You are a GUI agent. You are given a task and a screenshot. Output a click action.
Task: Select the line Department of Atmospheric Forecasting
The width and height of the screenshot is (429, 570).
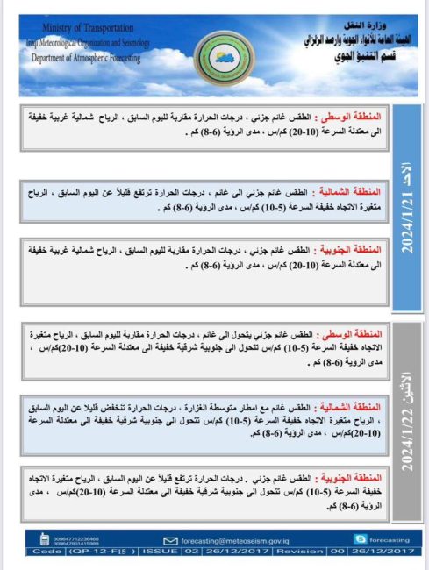coord(85,59)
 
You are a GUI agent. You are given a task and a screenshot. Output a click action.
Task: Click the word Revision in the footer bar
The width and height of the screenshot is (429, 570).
coord(300,552)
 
